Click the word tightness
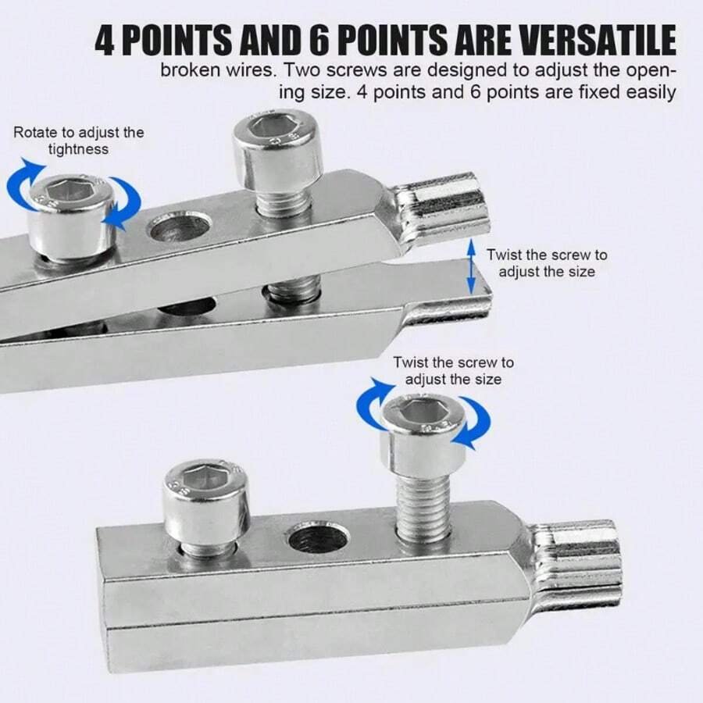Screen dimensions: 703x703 [78, 148]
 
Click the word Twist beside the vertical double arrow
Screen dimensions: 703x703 [504, 255]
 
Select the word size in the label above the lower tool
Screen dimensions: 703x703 [485, 380]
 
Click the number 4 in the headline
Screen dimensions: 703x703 [106, 39]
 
